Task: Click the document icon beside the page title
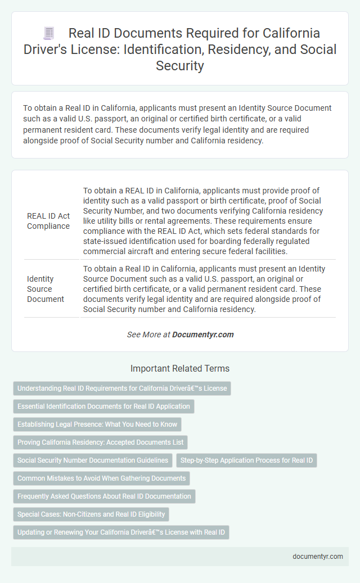[48, 33]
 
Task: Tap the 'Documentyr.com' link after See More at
[202, 335]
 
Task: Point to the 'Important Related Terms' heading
[180, 369]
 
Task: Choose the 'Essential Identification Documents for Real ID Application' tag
[103, 406]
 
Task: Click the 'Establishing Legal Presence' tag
[97, 424]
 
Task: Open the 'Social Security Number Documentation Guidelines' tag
[93, 460]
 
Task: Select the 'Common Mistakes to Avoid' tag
[101, 478]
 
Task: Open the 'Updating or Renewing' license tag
[121, 532]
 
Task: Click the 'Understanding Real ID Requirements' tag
[121, 388]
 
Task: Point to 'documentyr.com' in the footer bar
[318, 556]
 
